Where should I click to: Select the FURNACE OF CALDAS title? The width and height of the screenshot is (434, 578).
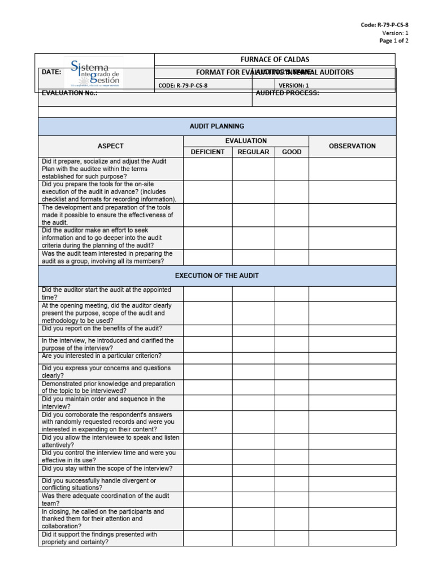pyautogui.click(x=275, y=59)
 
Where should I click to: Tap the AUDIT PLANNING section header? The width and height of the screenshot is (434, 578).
pyautogui.click(x=217, y=126)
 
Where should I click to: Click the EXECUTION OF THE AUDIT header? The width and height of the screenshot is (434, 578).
pyautogui.click(x=217, y=275)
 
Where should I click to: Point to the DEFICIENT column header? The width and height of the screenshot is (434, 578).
pyautogui.click(x=207, y=152)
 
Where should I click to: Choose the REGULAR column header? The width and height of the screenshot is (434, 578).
pyautogui.click(x=253, y=152)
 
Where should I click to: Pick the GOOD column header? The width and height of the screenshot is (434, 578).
pyautogui.click(x=292, y=152)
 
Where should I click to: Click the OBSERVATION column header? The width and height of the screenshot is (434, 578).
pyautogui.click(x=352, y=146)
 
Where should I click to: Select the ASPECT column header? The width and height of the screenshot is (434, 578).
pyautogui.click(x=110, y=146)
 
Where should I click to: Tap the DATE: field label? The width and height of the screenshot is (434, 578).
pyautogui.click(x=51, y=72)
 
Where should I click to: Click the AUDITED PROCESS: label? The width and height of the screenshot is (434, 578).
pyautogui.click(x=287, y=93)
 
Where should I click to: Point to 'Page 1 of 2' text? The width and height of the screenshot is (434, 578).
pyautogui.click(x=393, y=41)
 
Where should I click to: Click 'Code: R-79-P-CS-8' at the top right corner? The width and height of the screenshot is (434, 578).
pyautogui.click(x=384, y=25)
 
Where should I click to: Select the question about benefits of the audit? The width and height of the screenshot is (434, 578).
pyautogui.click(x=102, y=329)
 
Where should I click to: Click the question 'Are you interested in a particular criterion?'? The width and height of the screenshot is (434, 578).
pyautogui.click(x=102, y=356)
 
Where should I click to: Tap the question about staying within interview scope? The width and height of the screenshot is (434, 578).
pyautogui.click(x=107, y=468)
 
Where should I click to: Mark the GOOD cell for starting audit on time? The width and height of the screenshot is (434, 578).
pyautogui.click(x=292, y=294)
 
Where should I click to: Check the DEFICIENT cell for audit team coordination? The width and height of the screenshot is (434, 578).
pyautogui.click(x=207, y=500)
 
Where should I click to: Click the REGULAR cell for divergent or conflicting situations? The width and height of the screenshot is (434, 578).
pyautogui.click(x=253, y=484)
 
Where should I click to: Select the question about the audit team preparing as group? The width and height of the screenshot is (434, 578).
pyautogui.click(x=107, y=257)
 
